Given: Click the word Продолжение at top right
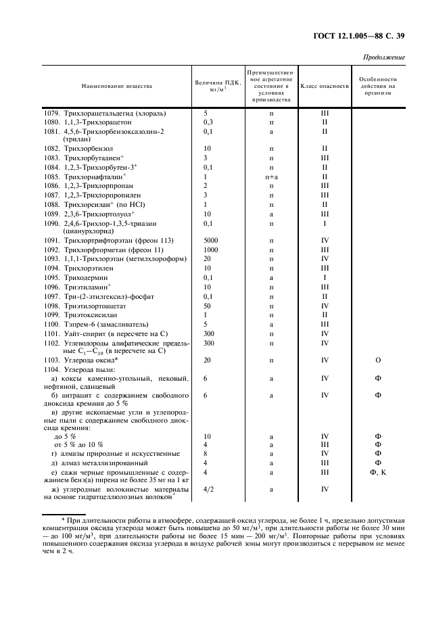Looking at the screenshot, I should tap(384, 57).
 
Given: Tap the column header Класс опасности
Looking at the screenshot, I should tap(324, 87).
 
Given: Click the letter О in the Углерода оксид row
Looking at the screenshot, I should tap(378, 361).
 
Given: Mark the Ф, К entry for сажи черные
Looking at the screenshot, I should tap(378, 472).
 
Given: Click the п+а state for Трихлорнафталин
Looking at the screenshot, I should tap(271, 177).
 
